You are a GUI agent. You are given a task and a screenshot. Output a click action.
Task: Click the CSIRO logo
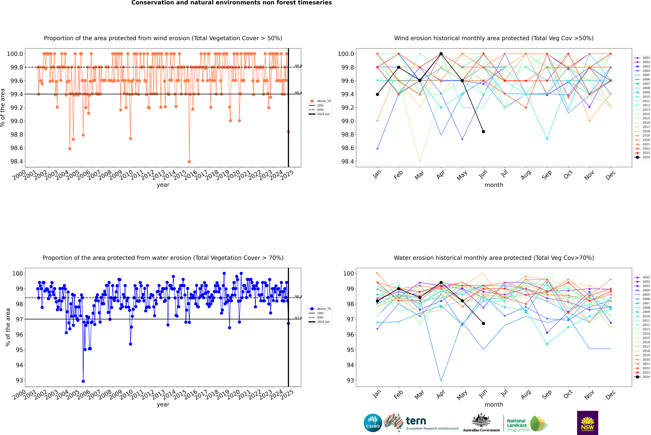373,423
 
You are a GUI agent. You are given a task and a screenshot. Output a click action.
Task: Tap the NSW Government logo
587,423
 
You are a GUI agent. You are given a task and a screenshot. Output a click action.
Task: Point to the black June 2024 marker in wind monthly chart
483,132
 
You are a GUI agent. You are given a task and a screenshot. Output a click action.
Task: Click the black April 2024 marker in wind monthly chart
441,54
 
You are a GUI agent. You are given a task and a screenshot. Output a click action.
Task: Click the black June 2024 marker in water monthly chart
483,323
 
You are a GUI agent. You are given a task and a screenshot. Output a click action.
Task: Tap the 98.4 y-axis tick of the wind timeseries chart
17,161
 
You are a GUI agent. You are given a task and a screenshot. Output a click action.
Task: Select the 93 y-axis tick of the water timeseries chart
19,380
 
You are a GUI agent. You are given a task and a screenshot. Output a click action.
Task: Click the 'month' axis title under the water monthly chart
494,404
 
